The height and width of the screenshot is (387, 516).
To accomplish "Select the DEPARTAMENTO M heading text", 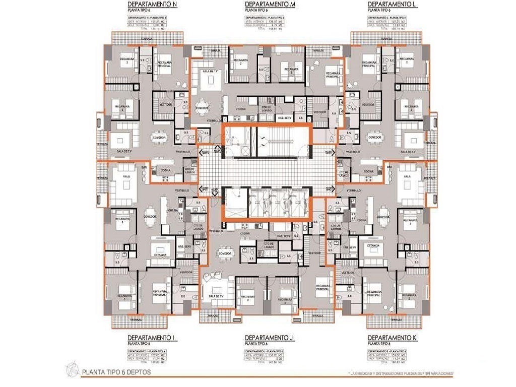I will pyautogui.click(x=270, y=4).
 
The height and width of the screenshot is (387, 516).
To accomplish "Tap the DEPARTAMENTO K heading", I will pyautogui.click(x=393, y=337).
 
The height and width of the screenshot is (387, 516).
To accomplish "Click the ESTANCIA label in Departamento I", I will pyautogui.click(x=160, y=255).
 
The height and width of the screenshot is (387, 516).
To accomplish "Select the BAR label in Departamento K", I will pyautogui.click(x=389, y=167).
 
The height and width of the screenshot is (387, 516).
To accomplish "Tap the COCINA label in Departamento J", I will pyautogui.click(x=245, y=233).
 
